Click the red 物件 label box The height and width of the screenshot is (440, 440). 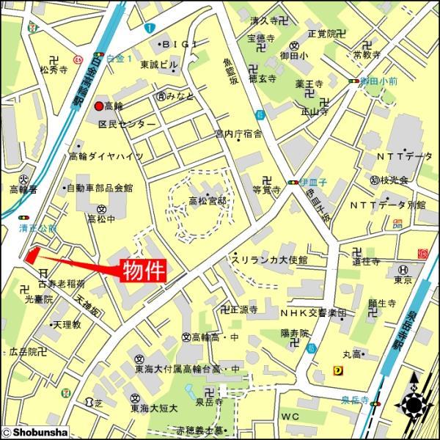pyautogui.click(x=143, y=269)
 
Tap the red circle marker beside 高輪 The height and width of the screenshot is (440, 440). pyautogui.click(x=98, y=106)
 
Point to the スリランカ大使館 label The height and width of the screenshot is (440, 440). pyautogui.click(x=268, y=260)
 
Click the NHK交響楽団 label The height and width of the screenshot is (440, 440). pyautogui.click(x=315, y=312)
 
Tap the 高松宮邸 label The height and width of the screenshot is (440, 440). pyautogui.click(x=207, y=200)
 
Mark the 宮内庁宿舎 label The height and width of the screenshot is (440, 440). pyautogui.click(x=238, y=133)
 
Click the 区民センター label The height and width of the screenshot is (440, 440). pyautogui.click(x=127, y=124)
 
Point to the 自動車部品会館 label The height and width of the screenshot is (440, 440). pyautogui.click(x=100, y=188)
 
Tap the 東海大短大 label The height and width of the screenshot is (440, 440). pyautogui.click(x=155, y=408)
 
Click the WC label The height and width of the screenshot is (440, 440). pyautogui.click(x=290, y=416)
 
